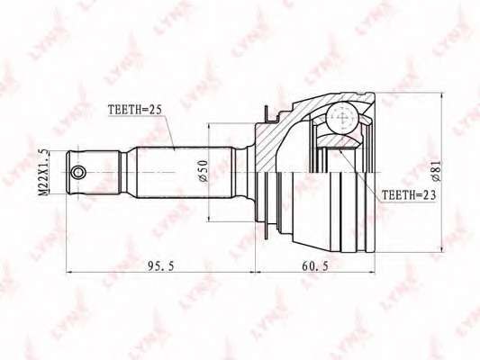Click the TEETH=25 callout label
click(134, 111)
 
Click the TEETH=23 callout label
click(408, 195)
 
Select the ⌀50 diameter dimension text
click(204, 171)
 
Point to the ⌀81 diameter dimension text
click(436, 171)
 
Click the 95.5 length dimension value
click(160, 266)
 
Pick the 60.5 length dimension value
click(315, 266)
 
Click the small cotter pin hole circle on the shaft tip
click(78, 172)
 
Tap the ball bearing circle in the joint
click(341, 118)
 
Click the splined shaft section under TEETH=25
click(185, 172)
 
